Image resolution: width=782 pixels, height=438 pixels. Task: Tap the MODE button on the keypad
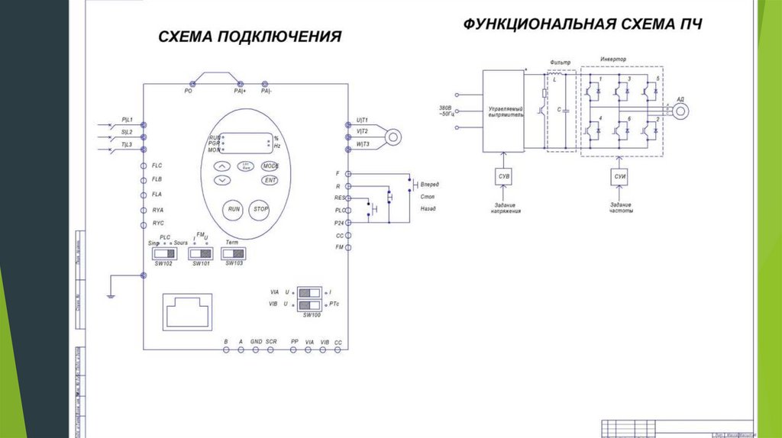[x=270, y=166]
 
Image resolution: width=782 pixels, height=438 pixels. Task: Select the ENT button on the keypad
[x=270, y=180]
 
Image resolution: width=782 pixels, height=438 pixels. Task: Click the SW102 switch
[x=163, y=253]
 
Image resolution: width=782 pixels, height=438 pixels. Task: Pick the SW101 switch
[x=199, y=253]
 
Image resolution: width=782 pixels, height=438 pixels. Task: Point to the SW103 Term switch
[x=233, y=253]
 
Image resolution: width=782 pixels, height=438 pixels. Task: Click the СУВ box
[x=504, y=177]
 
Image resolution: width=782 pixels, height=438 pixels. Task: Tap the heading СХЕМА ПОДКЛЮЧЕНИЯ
[x=249, y=37]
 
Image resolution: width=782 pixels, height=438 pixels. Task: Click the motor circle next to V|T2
[x=393, y=137]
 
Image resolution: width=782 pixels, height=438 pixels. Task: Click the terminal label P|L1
[x=127, y=121]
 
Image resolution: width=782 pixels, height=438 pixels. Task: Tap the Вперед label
[x=430, y=184]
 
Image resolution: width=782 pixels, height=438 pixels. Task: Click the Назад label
[x=428, y=208]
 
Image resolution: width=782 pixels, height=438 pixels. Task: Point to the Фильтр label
[x=561, y=61]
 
